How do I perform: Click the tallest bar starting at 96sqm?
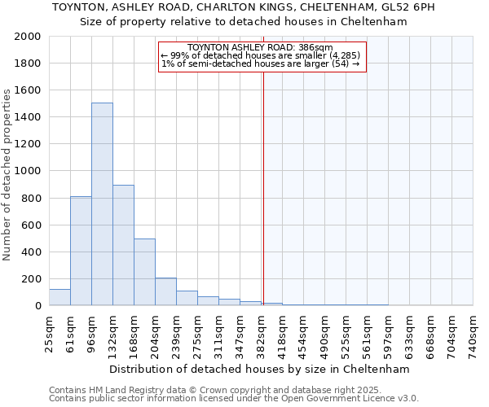(x=102, y=203)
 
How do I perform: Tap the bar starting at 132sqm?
(x=123, y=245)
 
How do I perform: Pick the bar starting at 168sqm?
(x=144, y=272)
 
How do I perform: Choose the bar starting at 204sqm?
(x=165, y=291)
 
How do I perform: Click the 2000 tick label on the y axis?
(x=28, y=37)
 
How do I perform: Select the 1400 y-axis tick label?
(x=28, y=117)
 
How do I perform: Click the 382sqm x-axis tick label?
(x=262, y=335)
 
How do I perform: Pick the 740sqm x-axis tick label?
(x=473, y=335)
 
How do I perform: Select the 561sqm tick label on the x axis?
(x=368, y=335)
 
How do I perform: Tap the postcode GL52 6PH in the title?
(x=412, y=7)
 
